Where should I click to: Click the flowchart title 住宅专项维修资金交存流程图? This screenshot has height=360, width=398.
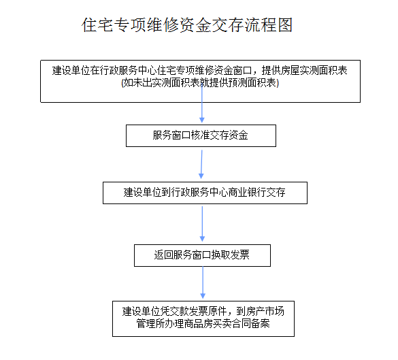point(187,25)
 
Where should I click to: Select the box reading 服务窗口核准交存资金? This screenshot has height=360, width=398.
point(201,135)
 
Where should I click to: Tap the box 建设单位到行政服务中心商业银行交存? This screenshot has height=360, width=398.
point(205,193)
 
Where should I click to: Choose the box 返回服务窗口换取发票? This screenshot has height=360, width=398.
point(202,255)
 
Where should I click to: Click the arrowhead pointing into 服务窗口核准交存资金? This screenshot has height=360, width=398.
point(202,120)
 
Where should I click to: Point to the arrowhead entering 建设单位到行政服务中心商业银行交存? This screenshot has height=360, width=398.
point(201,176)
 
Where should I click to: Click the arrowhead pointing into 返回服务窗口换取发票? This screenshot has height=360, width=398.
point(202,239)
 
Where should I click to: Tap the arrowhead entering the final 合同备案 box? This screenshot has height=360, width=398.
point(203,296)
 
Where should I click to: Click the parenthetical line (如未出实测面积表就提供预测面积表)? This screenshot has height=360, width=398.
point(200,83)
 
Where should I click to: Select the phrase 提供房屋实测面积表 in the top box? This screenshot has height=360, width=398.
point(304,71)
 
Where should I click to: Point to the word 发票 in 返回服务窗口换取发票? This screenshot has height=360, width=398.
point(240,255)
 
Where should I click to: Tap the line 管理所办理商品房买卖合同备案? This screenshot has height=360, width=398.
point(203,323)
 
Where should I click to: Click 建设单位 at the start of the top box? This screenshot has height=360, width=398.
point(71,71)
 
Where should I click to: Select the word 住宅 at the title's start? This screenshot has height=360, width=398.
point(97,25)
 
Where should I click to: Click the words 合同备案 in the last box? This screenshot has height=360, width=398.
point(251,323)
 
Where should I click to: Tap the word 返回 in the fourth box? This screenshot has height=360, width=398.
point(163,255)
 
